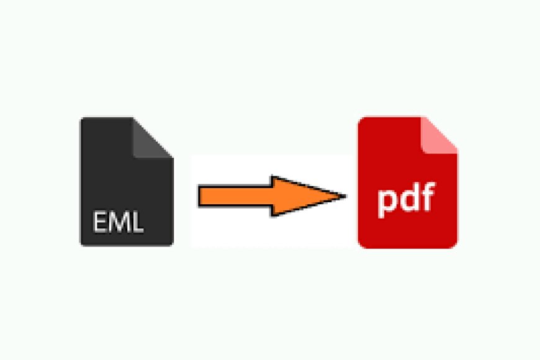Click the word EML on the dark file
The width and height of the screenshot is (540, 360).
click(118, 222)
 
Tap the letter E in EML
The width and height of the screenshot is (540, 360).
click(100, 222)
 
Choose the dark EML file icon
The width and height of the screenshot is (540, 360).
click(127, 181)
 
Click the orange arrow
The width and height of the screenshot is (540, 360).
click(272, 196)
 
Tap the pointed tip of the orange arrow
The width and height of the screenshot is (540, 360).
click(346, 196)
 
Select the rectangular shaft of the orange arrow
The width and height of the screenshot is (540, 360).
click(236, 196)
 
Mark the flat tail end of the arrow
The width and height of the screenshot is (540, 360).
click(199, 196)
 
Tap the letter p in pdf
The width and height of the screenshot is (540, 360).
click(387, 203)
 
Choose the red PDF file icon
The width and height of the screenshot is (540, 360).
click(408, 182)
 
